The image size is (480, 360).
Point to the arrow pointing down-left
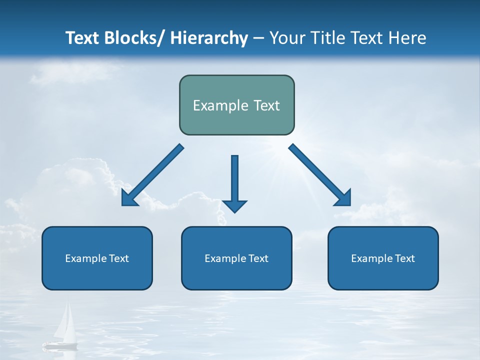click(152, 175)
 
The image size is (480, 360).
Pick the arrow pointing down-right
click(320, 175)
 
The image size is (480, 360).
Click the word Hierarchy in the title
click(209, 38)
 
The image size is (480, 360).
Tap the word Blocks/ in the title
click(134, 38)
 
